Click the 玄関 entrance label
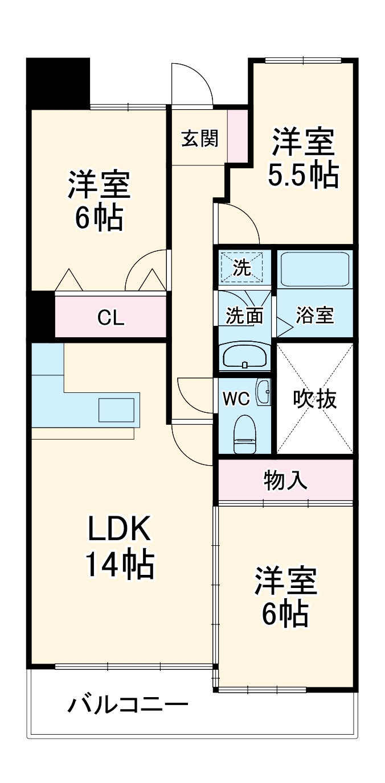point(199,138)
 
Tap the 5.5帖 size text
point(303,176)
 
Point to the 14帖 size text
point(119,565)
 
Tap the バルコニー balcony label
point(128,706)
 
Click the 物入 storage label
point(285,480)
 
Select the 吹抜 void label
point(314,399)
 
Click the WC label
point(236,399)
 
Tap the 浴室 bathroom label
point(314,316)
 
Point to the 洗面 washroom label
point(244,316)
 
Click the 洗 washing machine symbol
point(243,267)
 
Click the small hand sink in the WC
point(263,392)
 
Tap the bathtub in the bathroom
point(314,268)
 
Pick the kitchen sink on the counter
point(116,410)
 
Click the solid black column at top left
point(58,82)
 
